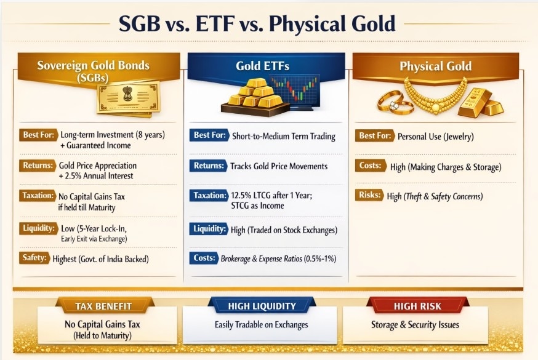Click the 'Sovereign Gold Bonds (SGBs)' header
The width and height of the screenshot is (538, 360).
[94, 71]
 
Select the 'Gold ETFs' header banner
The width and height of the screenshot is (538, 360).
[263, 66]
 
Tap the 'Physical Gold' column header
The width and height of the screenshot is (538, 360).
[435, 66]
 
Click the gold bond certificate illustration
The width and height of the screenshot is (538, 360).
[129, 98]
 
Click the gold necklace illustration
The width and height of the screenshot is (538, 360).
[435, 96]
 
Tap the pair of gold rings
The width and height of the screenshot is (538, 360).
[395, 103]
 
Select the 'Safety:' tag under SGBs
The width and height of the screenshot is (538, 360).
[34, 257]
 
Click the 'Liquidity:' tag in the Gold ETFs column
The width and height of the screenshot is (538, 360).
[209, 229]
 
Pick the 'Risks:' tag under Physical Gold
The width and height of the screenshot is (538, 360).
[369, 194]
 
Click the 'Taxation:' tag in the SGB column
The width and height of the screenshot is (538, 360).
[38, 196]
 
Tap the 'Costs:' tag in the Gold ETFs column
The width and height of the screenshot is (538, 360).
[204, 258]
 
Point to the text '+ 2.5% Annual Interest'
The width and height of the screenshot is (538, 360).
[96, 176]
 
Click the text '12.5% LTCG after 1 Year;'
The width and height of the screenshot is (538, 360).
[271, 196]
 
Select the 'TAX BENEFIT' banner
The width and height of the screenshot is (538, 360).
[103, 306]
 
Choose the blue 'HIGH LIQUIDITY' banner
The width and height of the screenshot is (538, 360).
[262, 306]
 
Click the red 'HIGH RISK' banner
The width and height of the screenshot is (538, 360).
[417, 306]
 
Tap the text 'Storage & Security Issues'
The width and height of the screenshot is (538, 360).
[415, 325]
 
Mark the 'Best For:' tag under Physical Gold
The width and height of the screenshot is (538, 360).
[375, 136]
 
